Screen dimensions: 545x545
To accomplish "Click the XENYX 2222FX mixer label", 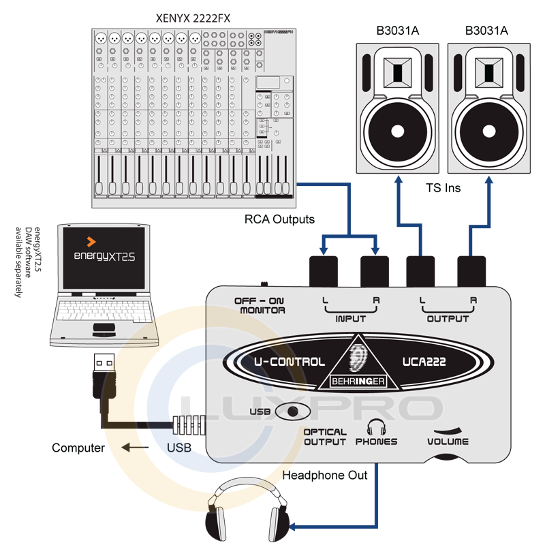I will pyautogui.click(x=193, y=18).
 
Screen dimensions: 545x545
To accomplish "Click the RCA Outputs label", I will pyautogui.click(x=279, y=219).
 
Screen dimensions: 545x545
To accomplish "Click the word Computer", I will pyautogui.click(x=78, y=448).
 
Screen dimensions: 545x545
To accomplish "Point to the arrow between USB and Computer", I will pyautogui.click(x=136, y=448).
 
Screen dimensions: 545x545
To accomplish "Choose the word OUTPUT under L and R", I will pyautogui.click(x=448, y=318).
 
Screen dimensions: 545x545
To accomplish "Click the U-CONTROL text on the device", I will pyautogui.click(x=289, y=362).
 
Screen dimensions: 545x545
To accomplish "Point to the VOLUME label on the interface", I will pyautogui.click(x=448, y=441).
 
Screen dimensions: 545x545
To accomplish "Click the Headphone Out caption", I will pyautogui.click(x=325, y=475).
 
